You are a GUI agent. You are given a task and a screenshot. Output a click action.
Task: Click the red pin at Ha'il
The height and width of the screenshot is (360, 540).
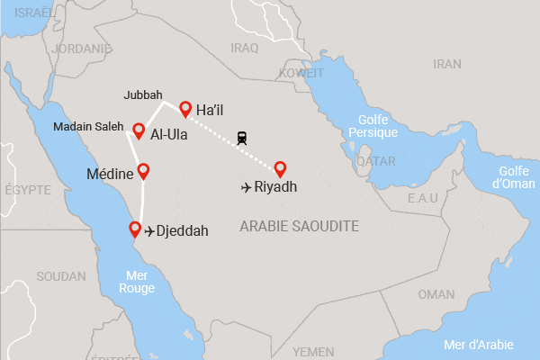point(184,109)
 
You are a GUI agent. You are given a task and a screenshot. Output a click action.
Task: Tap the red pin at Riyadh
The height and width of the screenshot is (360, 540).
point(280,168)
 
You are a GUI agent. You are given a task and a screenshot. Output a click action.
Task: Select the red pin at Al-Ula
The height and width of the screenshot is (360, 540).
point(139,131)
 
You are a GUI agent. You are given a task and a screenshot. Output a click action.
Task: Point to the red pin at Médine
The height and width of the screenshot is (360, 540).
point(142,170)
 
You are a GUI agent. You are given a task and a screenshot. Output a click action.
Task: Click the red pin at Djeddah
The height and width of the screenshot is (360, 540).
point(135,229)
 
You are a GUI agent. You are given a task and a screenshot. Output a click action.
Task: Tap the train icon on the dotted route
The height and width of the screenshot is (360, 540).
point(242,138)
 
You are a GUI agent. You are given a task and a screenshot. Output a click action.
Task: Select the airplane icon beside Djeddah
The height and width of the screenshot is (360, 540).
point(149,230)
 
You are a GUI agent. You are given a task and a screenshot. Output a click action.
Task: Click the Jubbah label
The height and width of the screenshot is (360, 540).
point(143,94)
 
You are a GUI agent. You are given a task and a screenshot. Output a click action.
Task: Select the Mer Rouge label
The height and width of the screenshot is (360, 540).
point(137,282)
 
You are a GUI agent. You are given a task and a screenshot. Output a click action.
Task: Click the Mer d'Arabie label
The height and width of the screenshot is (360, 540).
point(485,344)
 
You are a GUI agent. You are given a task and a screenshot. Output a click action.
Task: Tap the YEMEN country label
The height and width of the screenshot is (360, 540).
point(313,351)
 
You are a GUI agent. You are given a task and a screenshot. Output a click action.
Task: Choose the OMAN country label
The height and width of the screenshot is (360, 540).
point(436,294)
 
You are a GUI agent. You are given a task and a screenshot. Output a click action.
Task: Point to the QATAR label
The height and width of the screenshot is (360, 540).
point(375,161)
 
